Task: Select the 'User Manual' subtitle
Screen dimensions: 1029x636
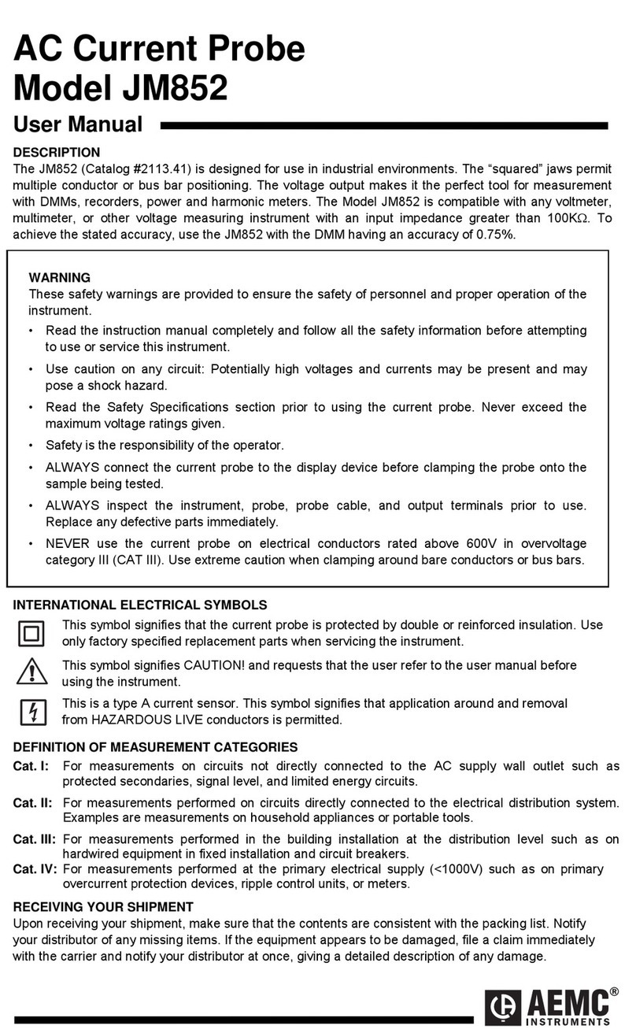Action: click(x=78, y=124)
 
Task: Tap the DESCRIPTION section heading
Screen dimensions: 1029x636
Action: click(x=57, y=152)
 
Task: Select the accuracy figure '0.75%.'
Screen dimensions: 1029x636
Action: click(x=496, y=235)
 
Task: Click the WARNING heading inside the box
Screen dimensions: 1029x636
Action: click(x=59, y=278)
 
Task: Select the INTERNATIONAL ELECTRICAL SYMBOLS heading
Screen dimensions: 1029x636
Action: click(x=140, y=605)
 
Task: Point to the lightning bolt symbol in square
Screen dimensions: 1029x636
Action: click(x=31, y=712)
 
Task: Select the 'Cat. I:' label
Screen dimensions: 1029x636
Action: click(x=31, y=766)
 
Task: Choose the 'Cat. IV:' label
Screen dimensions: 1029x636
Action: click(x=35, y=869)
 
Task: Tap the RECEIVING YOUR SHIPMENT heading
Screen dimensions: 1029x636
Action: click(x=103, y=907)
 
